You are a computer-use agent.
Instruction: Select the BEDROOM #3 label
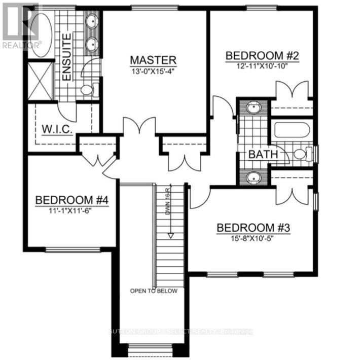coord(253,228)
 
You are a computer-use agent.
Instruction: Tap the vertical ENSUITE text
coord(66,63)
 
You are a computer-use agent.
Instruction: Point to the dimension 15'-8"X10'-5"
coord(253,238)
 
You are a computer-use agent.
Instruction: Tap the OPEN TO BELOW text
coord(154,291)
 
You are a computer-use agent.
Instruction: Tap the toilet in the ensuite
coord(88,90)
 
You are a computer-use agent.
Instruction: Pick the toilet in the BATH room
coord(301,154)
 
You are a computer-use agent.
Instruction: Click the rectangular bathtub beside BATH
coord(292,131)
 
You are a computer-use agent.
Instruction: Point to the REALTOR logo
coord(20,25)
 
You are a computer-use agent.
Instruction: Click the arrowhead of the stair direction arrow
coord(171,235)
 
